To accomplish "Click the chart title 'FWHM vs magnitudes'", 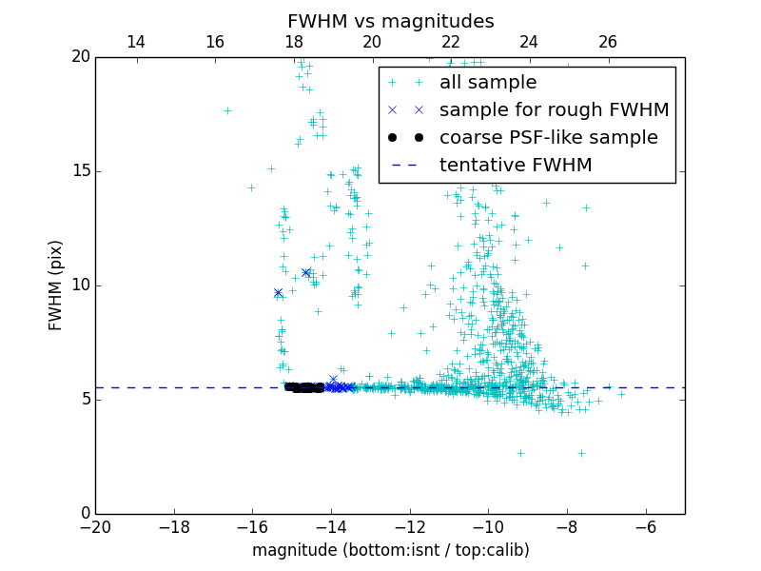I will click(x=390, y=21).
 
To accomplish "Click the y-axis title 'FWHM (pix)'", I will click(x=55, y=285).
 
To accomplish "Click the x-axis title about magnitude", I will click(x=390, y=550).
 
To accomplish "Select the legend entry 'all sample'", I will click(x=488, y=83).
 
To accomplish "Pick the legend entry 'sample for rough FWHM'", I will click(x=554, y=110).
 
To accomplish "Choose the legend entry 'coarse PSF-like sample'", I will click(x=548, y=138).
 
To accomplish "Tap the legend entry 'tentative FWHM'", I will click(x=516, y=166).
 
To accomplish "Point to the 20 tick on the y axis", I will click(x=79, y=57).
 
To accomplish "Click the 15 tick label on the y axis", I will click(x=79, y=171).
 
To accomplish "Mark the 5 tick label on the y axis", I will click(x=84, y=400).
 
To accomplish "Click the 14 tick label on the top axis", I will click(x=136, y=42).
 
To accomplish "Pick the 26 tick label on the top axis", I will click(x=608, y=42).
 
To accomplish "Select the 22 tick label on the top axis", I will click(x=451, y=42).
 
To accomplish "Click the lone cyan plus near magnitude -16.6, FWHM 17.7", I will click(x=227, y=110).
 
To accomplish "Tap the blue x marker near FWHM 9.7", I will click(x=278, y=293).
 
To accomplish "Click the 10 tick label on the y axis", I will click(x=79, y=285).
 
